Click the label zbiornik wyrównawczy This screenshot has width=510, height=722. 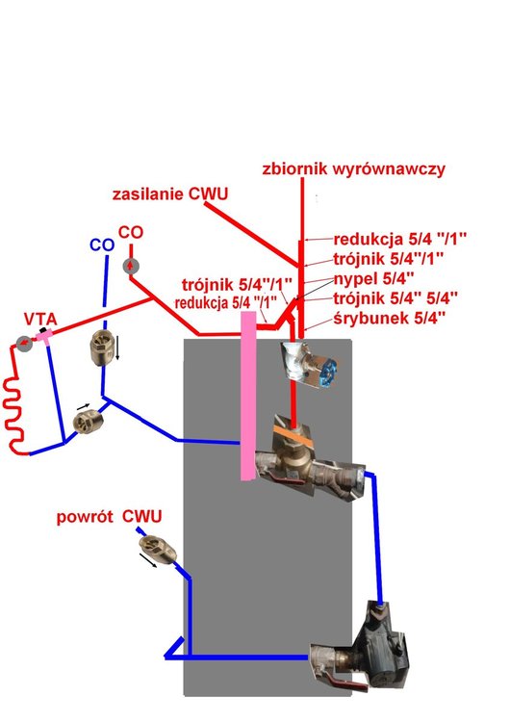[x=352, y=170]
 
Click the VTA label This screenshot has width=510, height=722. [x=40, y=319]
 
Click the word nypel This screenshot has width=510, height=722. [x=358, y=280]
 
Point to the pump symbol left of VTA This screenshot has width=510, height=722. [x=23, y=344]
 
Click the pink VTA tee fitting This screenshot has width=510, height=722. [x=45, y=334]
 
